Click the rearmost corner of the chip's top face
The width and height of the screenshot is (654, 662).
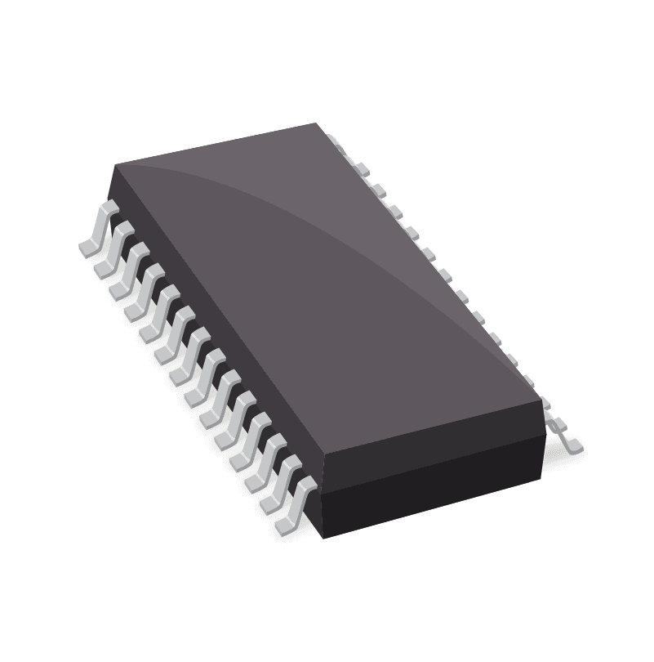coord(316,124)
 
